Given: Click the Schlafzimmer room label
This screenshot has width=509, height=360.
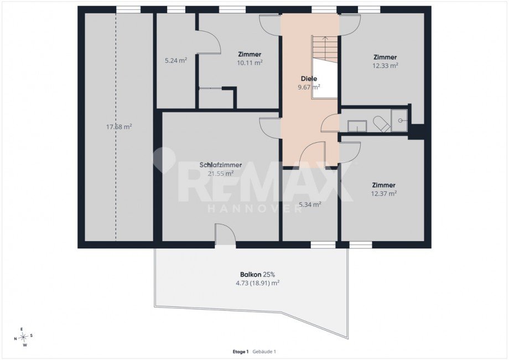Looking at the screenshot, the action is tap(220, 165).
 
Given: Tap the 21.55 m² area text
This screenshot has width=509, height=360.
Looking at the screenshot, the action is tap(220, 174).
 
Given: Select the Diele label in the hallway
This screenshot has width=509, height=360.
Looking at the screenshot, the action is tap(309, 79).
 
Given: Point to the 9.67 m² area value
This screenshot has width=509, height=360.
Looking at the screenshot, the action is tap(309, 87).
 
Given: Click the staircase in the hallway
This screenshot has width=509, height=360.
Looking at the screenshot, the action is tap(325, 49).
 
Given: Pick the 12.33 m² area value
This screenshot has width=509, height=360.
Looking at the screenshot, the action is tap(385, 65).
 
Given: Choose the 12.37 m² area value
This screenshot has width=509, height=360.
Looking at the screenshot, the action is tap(384, 194).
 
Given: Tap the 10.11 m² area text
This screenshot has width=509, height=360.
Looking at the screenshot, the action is tap(250, 62).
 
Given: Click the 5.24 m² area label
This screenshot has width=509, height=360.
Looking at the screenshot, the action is tap(175, 60).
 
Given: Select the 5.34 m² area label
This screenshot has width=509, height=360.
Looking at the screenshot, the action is tap(310, 205).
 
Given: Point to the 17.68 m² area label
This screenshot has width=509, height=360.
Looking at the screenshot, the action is tap(119, 127).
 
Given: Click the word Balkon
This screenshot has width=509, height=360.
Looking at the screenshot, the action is tap(251, 274).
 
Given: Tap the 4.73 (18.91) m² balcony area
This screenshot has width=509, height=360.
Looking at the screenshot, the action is tap(257, 283).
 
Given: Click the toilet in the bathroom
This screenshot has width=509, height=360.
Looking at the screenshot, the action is tap(381, 124).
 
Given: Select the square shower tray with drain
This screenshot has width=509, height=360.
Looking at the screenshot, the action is tap(399, 121).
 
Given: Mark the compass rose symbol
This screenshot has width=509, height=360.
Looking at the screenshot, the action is tap(23, 337).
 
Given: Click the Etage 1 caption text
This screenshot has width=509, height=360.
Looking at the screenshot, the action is tap(241, 352).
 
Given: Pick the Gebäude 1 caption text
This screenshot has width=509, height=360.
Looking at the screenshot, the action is tap(264, 352).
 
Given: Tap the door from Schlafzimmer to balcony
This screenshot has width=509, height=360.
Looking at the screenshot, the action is tap(225, 234).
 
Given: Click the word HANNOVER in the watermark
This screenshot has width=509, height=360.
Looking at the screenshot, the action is tap(255, 209).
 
